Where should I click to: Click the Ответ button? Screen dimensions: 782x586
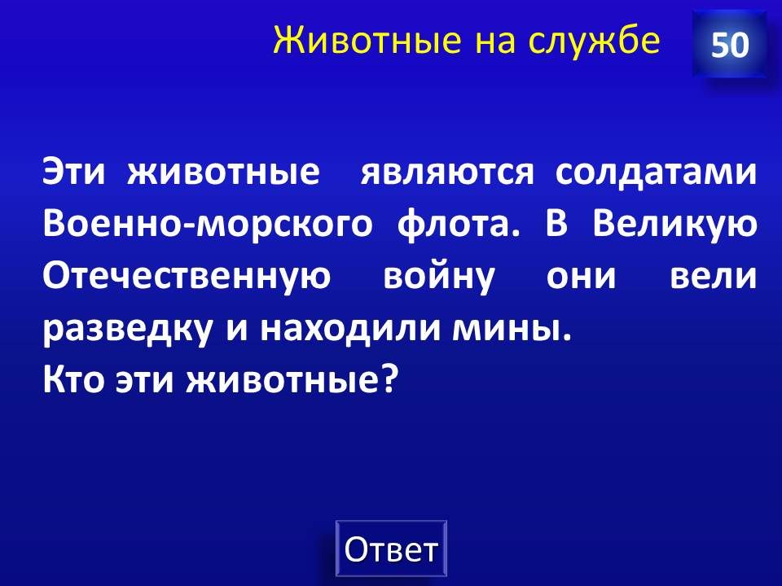[x=391, y=549]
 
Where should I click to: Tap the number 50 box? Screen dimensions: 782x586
[x=730, y=44]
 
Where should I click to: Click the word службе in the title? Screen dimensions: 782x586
[x=594, y=39]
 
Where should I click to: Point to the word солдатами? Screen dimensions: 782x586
[x=655, y=173]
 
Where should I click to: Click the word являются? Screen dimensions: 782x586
[x=447, y=173]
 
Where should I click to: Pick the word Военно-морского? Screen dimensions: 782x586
[x=208, y=225]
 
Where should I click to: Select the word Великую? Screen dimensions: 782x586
[x=674, y=225]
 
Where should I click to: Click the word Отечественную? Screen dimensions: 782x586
[x=187, y=277]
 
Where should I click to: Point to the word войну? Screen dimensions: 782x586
[x=439, y=277]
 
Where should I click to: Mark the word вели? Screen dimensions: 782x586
[x=713, y=277]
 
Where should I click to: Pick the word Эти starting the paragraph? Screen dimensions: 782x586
[x=74, y=173]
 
